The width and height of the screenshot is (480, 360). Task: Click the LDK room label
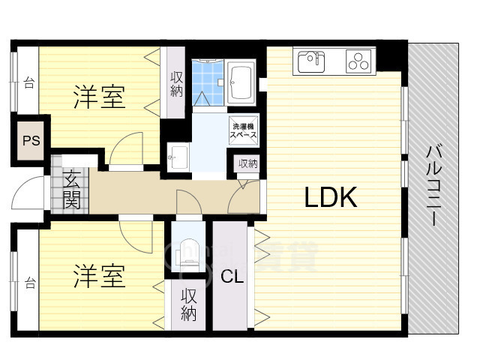329,197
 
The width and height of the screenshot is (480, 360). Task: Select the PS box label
31,140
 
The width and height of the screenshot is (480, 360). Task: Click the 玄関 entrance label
72,190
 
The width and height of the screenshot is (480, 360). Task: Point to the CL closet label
232,276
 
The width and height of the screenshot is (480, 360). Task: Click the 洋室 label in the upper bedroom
98,97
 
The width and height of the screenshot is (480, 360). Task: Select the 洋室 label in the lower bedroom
98,277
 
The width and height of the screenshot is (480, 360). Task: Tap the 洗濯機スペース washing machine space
244,131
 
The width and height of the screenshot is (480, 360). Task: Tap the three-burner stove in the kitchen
361,61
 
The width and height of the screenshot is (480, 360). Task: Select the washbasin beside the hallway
178,157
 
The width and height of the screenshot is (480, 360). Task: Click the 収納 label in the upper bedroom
177,83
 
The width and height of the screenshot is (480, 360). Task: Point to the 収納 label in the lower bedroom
188,304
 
